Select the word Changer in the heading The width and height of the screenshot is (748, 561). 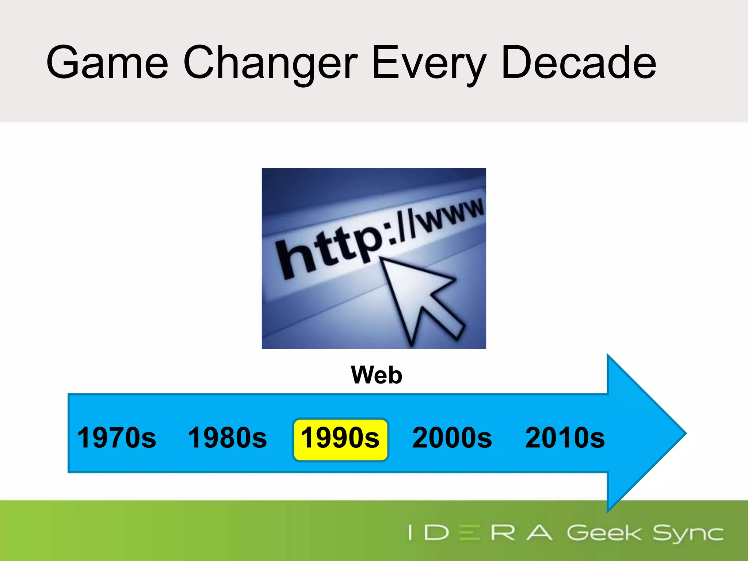coord(270,63)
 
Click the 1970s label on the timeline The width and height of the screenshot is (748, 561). coord(117,438)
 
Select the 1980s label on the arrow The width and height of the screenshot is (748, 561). coord(227,438)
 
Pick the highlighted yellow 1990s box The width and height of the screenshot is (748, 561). coord(340,440)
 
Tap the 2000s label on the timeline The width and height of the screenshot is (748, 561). coord(452,438)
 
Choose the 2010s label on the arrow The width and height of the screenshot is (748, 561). coord(565,438)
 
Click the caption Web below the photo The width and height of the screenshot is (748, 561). coord(377,375)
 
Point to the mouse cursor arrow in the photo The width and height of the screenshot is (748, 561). coord(420,299)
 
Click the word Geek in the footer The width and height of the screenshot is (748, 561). coord(603,533)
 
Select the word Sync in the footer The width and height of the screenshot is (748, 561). coord(688,534)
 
